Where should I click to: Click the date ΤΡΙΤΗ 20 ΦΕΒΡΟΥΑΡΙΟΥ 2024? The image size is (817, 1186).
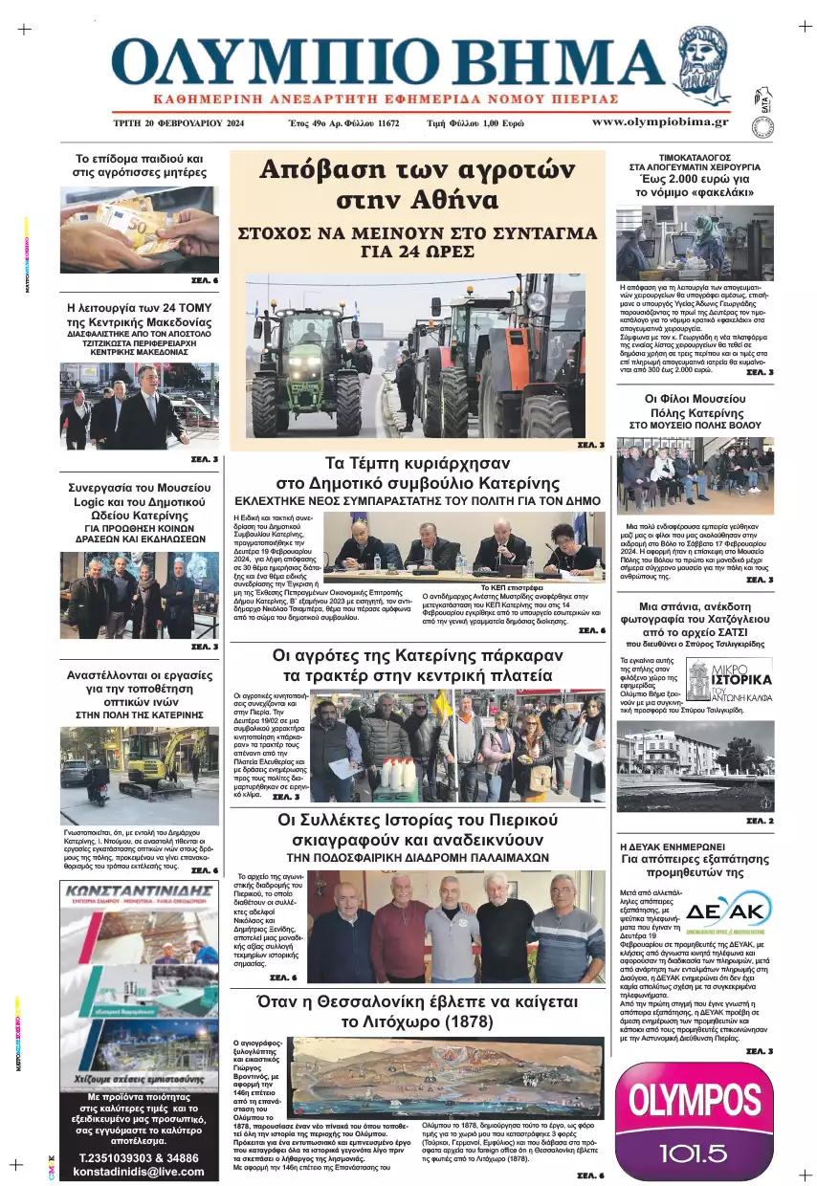(x=179, y=123)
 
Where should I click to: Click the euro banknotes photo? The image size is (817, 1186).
(x=139, y=230)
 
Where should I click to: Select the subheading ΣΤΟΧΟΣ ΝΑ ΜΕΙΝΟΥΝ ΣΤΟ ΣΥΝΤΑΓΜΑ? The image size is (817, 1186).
(x=417, y=233)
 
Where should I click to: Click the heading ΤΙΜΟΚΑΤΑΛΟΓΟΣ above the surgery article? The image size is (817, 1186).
(x=696, y=156)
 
